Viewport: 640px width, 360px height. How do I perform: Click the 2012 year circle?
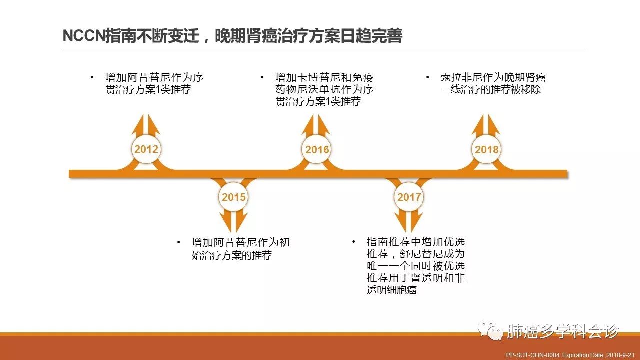[146, 149]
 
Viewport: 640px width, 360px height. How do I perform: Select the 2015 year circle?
[233, 197]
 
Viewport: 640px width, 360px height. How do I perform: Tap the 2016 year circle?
[316, 149]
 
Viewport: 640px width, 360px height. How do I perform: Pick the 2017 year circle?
[409, 197]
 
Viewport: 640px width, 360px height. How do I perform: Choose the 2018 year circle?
[486, 149]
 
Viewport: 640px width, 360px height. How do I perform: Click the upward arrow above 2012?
[146, 125]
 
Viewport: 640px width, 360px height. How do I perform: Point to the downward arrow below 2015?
[233, 221]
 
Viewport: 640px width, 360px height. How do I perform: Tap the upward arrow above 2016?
[316, 125]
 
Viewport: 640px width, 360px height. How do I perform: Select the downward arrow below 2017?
[409, 221]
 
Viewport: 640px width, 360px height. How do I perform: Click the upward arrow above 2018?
[486, 125]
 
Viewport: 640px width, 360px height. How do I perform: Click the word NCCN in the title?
[84, 36]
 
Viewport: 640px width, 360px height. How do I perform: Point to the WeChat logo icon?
[491, 330]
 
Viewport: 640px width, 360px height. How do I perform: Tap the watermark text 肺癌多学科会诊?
[563, 331]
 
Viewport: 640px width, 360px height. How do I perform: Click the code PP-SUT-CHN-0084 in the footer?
[533, 355]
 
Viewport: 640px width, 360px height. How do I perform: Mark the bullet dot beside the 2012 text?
[92, 77]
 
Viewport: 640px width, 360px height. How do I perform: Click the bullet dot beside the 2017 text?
[353, 242]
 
